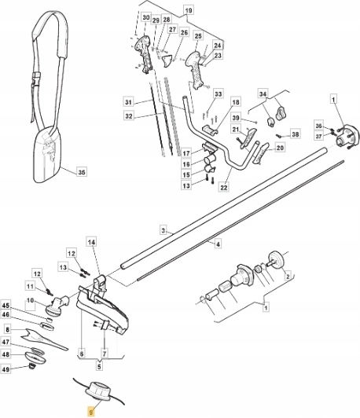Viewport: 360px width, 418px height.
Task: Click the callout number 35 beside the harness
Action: click(x=82, y=172)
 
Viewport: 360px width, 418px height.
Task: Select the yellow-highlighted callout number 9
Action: click(x=92, y=412)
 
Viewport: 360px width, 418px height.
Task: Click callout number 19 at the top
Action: click(x=189, y=11)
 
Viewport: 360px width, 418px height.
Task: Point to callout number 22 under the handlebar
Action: click(x=224, y=188)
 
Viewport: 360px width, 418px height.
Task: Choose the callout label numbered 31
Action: click(x=129, y=102)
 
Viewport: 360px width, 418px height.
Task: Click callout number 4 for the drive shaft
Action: click(x=218, y=244)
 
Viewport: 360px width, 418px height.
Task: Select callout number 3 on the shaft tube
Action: click(x=163, y=230)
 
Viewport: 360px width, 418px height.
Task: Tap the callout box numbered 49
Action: click(x=6, y=369)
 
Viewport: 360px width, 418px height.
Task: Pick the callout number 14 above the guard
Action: click(x=91, y=242)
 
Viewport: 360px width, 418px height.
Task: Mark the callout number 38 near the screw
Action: click(x=296, y=134)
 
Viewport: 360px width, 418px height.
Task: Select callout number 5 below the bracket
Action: click(x=99, y=366)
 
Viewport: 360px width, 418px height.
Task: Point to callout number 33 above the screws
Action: click(x=218, y=94)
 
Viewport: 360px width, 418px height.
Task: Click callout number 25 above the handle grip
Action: click(x=198, y=36)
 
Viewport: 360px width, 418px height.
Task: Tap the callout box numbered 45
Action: click(x=6, y=306)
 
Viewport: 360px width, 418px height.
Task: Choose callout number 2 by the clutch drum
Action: click(x=288, y=277)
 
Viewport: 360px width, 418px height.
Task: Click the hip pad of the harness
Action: click(x=47, y=155)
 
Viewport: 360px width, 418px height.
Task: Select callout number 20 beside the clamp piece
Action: click(x=280, y=148)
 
